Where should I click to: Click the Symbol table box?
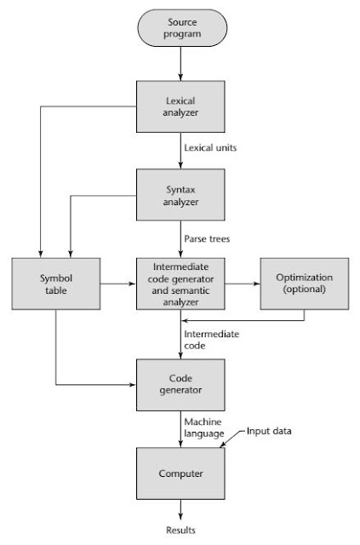(55, 284)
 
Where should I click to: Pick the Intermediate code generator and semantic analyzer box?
(180, 284)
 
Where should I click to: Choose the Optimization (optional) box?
(305, 284)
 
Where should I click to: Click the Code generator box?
(180, 383)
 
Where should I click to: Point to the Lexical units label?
(211, 148)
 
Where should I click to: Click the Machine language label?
(204, 428)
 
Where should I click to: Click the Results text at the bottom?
(180, 530)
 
